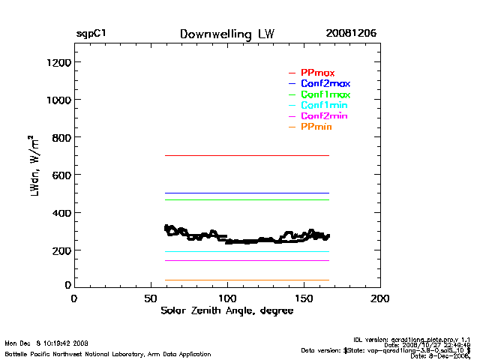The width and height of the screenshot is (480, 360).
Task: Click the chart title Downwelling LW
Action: point(226,34)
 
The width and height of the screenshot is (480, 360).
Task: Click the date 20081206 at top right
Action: point(351,34)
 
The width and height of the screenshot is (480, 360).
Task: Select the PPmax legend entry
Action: point(317,73)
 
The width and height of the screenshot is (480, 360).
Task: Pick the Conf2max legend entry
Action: point(325,83)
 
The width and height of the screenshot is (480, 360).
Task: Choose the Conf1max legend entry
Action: point(325,94)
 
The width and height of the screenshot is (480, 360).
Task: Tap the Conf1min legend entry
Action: point(324,106)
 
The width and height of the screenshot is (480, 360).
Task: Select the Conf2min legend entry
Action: point(324,116)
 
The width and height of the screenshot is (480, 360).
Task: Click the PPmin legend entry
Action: point(316,127)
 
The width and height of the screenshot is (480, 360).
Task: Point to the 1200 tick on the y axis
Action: point(56,62)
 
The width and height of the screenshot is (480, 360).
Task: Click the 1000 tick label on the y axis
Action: point(56,100)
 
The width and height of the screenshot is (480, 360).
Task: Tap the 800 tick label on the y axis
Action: point(59,137)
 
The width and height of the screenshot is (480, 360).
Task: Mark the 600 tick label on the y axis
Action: point(59,175)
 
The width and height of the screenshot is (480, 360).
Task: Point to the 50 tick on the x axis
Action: point(151,298)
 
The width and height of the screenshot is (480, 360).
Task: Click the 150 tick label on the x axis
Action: point(304,298)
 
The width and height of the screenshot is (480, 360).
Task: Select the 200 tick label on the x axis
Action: point(380,298)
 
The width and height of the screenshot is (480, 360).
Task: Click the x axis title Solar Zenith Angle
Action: point(226,310)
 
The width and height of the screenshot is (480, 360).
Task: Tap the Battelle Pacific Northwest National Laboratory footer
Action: point(108,353)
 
